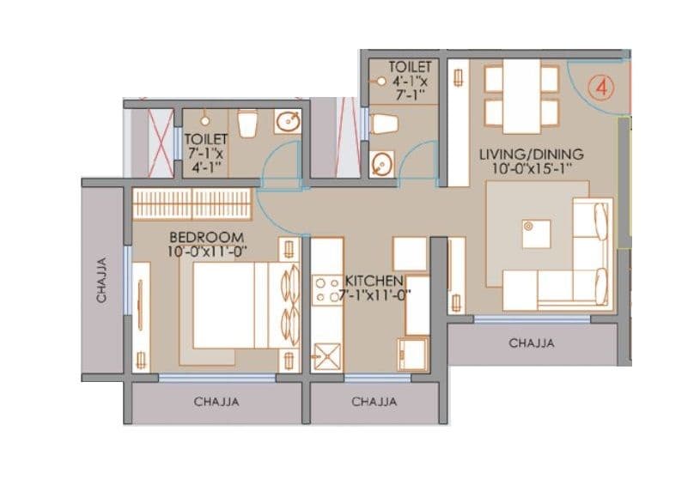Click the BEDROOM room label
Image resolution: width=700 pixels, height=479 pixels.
coord(206,237)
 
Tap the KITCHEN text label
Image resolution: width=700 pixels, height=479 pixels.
coord(374,282)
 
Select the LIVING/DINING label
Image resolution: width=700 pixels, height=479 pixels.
coord(531,155)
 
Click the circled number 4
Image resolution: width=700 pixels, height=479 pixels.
coord(602,88)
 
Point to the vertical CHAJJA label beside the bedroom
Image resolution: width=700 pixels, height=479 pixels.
coord(101,280)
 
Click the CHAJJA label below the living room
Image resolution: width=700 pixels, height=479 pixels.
coord(532,343)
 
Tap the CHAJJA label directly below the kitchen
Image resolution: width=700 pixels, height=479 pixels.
coord(374,401)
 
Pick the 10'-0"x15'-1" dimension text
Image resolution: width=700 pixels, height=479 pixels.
coord(531,169)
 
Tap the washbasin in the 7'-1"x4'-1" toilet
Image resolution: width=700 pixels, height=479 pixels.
coord(287,123)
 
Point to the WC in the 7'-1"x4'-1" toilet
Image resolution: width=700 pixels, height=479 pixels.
coord(247,124)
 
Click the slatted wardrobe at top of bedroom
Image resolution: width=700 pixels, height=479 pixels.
coord(192,204)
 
